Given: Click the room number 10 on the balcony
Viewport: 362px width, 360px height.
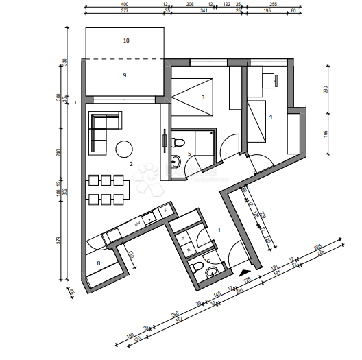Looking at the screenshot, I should point(125,40).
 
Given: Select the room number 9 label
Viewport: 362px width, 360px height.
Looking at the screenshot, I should point(125,75).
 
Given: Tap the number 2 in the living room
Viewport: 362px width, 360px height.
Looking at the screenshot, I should point(130,164).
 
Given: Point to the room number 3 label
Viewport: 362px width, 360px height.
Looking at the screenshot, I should point(202,97).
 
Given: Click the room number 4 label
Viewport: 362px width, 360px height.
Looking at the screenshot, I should point(271,117).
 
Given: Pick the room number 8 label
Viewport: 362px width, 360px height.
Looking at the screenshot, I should point(99,263).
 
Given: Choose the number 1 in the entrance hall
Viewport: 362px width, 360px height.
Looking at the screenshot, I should point(219,230).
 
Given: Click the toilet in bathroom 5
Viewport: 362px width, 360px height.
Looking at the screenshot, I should point(176,161).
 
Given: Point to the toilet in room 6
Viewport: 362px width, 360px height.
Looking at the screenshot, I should point(196,267).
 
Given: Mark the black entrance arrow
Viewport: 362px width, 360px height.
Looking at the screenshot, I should point(244,273).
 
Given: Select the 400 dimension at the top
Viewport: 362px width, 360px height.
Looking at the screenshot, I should point(125,4).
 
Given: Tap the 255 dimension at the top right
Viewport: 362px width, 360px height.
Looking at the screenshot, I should point(273,4).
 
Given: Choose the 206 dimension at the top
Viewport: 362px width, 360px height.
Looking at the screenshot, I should point(190,4).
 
